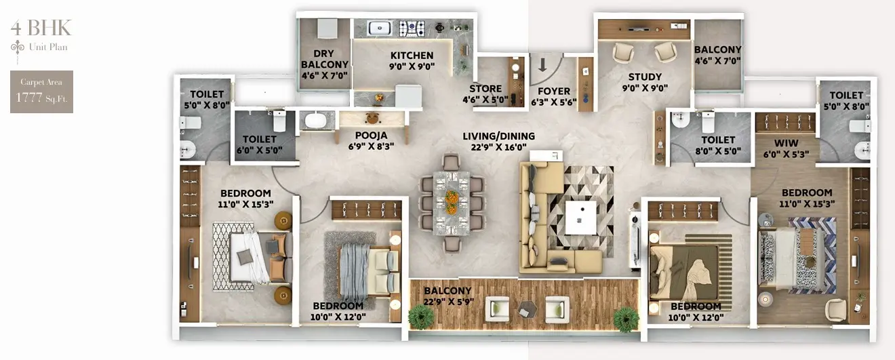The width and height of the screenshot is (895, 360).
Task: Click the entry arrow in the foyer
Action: (542, 64)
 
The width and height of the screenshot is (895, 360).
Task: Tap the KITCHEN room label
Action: (412, 56)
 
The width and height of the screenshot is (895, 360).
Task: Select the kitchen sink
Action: (380, 28)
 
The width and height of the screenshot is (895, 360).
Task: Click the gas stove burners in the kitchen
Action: (412, 28)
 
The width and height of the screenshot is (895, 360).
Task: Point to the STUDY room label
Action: (645, 77)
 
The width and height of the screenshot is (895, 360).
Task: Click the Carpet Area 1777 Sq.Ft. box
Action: (41, 92)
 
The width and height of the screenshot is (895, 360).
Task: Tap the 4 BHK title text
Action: (41, 28)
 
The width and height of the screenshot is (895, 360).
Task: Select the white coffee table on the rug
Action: (581, 218)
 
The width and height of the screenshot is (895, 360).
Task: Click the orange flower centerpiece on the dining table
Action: (452, 202)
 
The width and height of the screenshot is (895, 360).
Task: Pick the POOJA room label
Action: (371, 136)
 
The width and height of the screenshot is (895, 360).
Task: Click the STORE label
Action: (485, 89)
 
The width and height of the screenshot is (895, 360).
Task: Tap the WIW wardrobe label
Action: (787, 143)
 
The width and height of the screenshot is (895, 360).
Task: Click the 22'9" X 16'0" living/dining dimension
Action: (498, 147)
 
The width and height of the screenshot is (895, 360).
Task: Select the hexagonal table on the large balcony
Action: (528, 309)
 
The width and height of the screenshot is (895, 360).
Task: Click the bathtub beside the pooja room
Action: (317, 119)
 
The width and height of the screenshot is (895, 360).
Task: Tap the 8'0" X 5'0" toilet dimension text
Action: (718, 151)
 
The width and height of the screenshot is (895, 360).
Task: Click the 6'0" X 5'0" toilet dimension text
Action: (259, 151)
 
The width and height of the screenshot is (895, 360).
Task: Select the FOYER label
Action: (554, 91)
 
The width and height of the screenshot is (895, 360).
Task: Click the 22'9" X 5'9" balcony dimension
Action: (448, 302)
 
